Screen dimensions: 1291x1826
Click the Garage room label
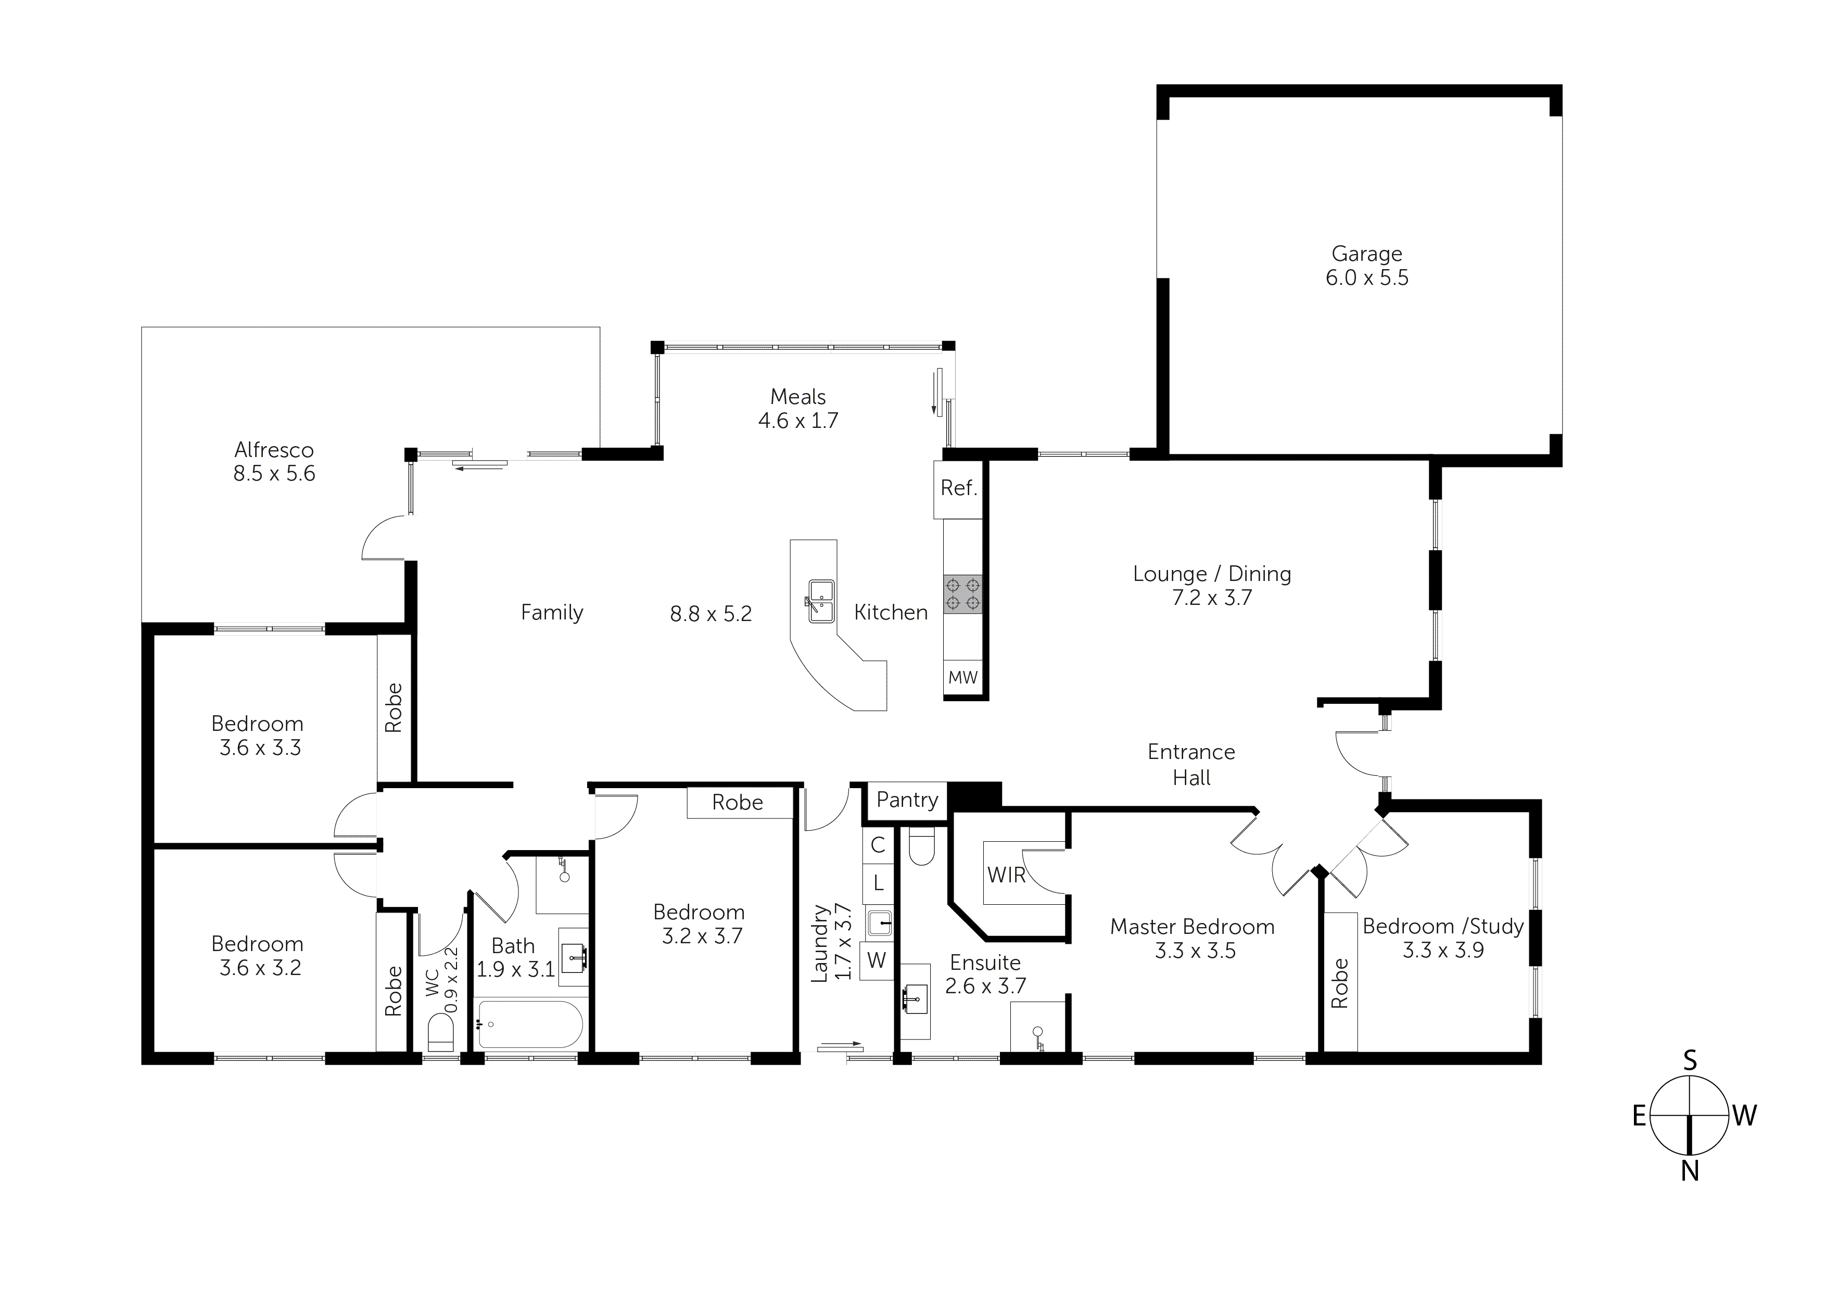pos(1366,254)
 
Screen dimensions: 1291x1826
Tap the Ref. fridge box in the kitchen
pos(958,488)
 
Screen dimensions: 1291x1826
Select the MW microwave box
pos(962,678)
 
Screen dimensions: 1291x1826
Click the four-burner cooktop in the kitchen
pos(962,594)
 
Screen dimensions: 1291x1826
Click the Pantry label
pos(907,800)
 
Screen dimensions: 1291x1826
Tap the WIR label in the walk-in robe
pos(1006,875)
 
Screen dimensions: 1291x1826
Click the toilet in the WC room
pos(440,1034)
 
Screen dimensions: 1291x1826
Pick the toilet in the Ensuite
pos(922,845)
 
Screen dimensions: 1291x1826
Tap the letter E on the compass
pos(1638,1117)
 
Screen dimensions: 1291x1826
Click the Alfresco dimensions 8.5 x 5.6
pos(274,474)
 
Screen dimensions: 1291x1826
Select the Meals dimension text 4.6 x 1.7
pos(797,421)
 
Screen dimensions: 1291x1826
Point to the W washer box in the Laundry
pos(877,960)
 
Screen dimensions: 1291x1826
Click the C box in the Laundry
pos(878,845)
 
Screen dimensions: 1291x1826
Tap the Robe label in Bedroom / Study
pos(1340,983)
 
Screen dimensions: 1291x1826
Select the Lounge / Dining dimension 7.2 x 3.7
pos(1211,598)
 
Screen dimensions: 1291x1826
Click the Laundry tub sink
pos(879,923)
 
